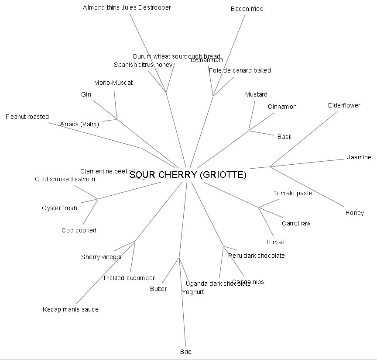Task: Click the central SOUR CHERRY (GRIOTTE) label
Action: (x=188, y=175)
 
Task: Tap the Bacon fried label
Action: (x=247, y=9)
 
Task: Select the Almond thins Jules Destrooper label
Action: (x=127, y=7)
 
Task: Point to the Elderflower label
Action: (x=344, y=105)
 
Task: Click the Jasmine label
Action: (x=359, y=157)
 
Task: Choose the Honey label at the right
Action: (x=355, y=213)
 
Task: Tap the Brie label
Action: (x=185, y=352)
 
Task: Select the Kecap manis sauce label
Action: (x=71, y=309)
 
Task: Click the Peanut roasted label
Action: (x=27, y=117)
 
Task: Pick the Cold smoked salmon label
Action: (x=65, y=179)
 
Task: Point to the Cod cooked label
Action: (x=79, y=230)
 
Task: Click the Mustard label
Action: (x=256, y=94)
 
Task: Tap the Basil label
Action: (x=284, y=137)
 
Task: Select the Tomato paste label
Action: (x=293, y=193)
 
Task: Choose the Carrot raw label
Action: (x=296, y=223)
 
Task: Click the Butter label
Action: (x=158, y=289)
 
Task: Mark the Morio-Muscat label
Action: (x=113, y=83)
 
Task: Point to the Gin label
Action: (x=86, y=94)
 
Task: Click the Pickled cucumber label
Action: (x=129, y=278)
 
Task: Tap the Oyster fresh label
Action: (x=59, y=208)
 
